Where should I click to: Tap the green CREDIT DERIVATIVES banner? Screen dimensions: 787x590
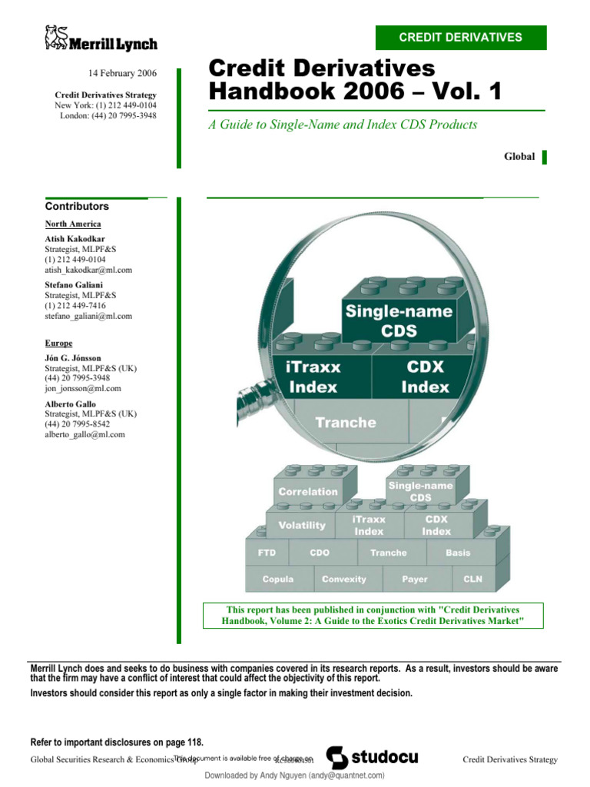[x=460, y=37]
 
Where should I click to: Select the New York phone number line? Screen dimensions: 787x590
[x=106, y=105]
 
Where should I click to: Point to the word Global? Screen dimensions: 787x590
[x=519, y=156]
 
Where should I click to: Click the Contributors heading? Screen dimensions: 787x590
[x=77, y=206]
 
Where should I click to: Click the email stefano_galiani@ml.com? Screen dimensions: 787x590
[x=88, y=316]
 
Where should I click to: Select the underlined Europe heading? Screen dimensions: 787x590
[x=58, y=344]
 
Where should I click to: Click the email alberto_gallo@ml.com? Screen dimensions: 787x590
[x=85, y=434]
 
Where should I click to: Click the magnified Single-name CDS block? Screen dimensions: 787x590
[x=399, y=321]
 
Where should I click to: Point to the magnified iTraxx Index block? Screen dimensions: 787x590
[x=313, y=377]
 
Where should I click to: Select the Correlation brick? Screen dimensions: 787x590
[x=307, y=491]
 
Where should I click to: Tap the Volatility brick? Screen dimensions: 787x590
[x=301, y=526]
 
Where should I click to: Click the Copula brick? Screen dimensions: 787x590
[x=277, y=579]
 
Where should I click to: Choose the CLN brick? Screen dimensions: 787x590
[x=472, y=579]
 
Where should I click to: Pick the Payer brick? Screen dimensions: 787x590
[x=414, y=579]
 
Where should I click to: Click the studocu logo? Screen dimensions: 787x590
[x=373, y=758]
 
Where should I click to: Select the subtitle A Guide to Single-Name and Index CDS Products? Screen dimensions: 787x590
[x=343, y=125]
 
